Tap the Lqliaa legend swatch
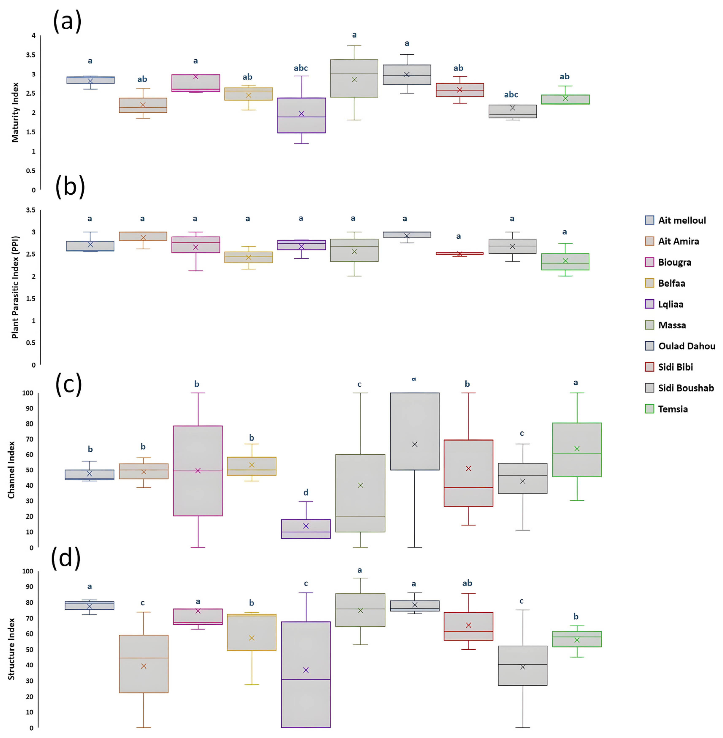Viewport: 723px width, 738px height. point(649,304)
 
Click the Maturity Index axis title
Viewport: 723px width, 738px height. point(15,112)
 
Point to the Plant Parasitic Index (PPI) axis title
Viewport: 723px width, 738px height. point(15,287)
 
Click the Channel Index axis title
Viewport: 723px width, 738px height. point(11,470)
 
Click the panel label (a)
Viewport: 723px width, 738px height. point(67,21)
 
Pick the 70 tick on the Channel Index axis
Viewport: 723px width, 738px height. point(29,439)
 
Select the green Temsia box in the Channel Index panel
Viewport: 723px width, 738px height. point(577,450)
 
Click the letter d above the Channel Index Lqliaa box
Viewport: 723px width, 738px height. point(306,493)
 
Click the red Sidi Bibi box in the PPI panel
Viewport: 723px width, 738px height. point(459,253)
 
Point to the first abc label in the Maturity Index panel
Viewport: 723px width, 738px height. point(301,68)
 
